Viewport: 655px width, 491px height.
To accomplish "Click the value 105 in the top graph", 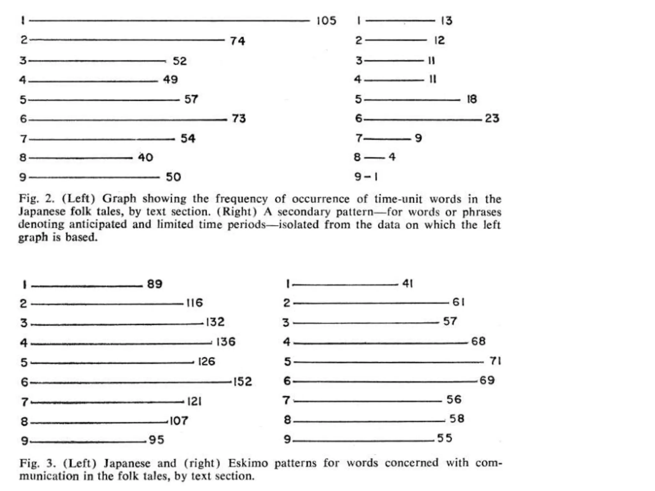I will pyautogui.click(x=326, y=21).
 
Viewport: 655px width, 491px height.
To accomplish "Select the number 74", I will pyautogui.click(x=237, y=41).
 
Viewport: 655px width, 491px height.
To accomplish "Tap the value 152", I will pyautogui.click(x=243, y=381).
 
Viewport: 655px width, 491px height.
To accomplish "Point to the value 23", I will pyautogui.click(x=492, y=118).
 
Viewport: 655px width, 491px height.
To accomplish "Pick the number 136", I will pyautogui.click(x=226, y=342).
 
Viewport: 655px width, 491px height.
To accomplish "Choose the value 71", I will pyautogui.click(x=495, y=361).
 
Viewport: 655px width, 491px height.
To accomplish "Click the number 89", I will pyautogui.click(x=155, y=284).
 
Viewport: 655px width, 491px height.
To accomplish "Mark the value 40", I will pyautogui.click(x=146, y=157).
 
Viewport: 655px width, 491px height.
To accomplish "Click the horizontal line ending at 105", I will pyautogui.click(x=170, y=21).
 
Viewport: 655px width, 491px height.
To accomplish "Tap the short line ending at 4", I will pyautogui.click(x=374, y=158).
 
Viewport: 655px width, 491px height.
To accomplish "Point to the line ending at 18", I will pyautogui.click(x=412, y=100).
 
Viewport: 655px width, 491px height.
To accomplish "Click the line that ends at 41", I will pyautogui.click(x=345, y=285).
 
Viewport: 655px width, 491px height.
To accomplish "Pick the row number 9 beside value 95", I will pyautogui.click(x=24, y=441).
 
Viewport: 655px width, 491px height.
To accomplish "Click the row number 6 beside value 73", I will pyautogui.click(x=23, y=119).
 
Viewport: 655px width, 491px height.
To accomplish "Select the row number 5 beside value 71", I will pyautogui.click(x=288, y=362).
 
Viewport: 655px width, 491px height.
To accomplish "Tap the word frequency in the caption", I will pyautogui.click(x=241, y=199).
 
